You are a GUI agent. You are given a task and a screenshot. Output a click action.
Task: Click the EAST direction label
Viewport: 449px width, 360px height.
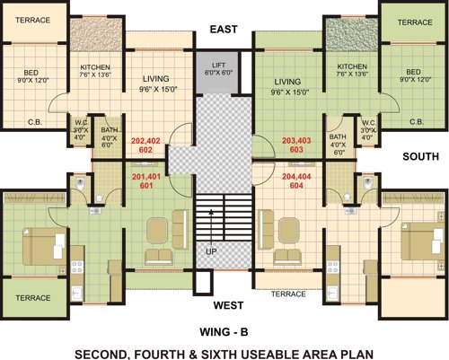point(224,30)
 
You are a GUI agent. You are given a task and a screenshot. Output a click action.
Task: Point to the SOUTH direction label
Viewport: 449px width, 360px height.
point(420,155)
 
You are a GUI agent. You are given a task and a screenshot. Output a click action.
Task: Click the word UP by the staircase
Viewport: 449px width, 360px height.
point(211,252)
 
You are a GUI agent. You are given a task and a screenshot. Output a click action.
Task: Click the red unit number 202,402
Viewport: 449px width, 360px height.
point(146,142)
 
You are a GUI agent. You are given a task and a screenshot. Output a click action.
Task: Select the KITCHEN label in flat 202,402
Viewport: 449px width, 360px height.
point(95,67)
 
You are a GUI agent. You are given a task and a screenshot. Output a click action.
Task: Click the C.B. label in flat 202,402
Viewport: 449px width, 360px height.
point(36,121)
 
